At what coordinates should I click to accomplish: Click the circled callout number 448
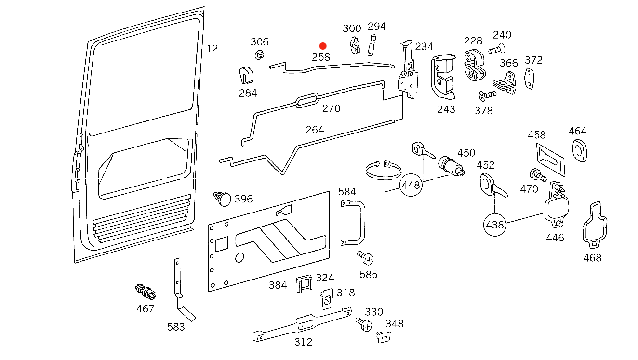click(411, 185)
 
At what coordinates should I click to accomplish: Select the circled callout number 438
click(494, 225)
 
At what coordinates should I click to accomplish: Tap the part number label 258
click(321, 57)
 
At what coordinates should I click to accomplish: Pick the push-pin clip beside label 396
click(222, 198)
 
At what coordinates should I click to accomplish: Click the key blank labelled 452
click(492, 187)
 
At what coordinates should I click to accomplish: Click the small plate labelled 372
click(531, 79)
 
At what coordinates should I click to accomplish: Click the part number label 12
click(212, 49)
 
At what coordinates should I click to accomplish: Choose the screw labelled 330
click(364, 324)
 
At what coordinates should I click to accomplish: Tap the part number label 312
click(303, 342)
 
